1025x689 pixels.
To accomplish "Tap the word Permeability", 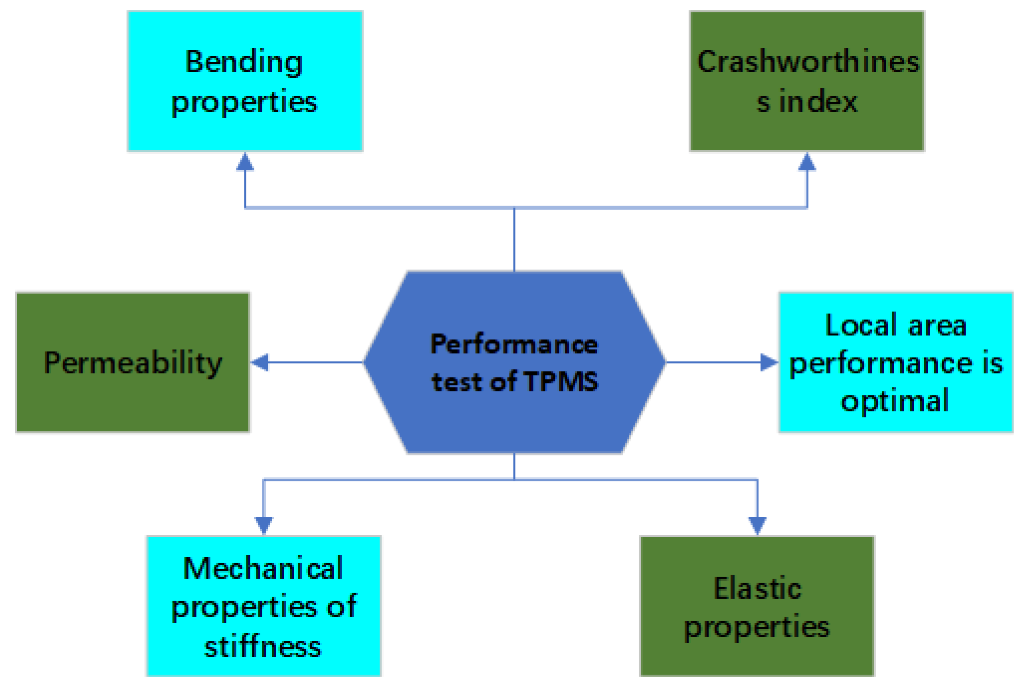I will (x=133, y=363).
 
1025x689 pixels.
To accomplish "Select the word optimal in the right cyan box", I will (x=895, y=400).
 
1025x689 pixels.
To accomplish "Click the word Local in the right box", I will (x=860, y=326).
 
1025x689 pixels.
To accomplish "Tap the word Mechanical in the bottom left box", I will (x=263, y=569).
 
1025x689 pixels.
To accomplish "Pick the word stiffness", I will (x=263, y=647).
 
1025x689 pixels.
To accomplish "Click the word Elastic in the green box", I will (x=757, y=589).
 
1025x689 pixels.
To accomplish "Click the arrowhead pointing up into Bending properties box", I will (x=245, y=161).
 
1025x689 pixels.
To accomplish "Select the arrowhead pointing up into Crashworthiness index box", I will (x=807, y=161).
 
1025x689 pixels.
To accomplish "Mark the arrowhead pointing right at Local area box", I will (x=769, y=363).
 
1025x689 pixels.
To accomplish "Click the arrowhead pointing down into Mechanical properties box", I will (x=263, y=525).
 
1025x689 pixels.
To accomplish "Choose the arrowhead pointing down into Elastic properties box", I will (x=757, y=525).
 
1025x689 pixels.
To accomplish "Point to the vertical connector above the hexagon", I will (x=514, y=239).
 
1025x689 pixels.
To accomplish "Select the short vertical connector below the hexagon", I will (x=514, y=466).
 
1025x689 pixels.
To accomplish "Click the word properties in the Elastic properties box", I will (x=757, y=627).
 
